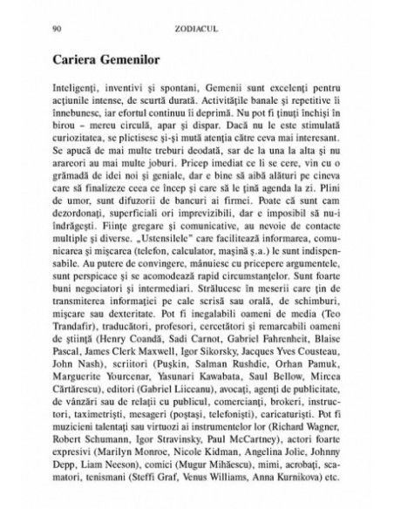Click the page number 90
click(x=57, y=28)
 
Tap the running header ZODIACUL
click(x=197, y=28)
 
